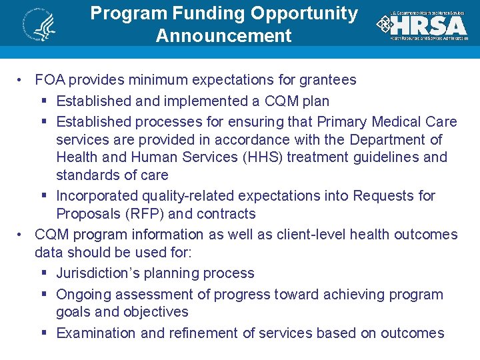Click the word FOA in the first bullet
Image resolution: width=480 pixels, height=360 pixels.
[50, 81]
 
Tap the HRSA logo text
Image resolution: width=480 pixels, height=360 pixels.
[429, 25]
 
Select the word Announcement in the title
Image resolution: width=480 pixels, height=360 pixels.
[223, 35]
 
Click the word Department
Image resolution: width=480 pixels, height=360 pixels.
[389, 140]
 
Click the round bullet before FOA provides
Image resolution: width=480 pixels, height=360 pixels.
[22, 81]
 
